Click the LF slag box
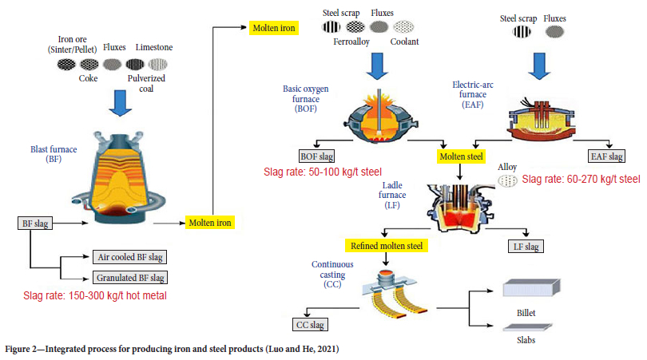coord(527,245)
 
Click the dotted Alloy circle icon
coord(507,181)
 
